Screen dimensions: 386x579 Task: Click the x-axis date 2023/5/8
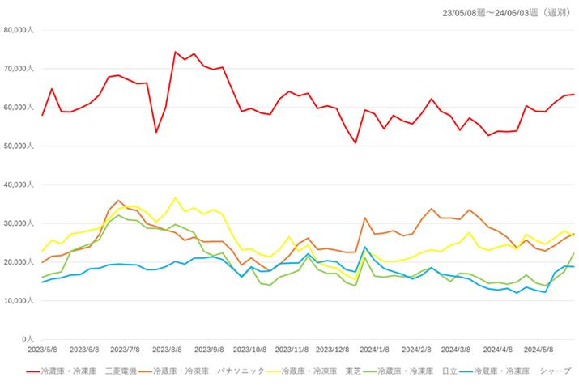click(42, 350)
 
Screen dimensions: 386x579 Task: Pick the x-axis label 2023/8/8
click(168, 350)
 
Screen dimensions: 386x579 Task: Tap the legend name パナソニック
click(241, 371)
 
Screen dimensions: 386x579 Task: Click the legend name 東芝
click(353, 371)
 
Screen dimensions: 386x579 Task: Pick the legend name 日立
click(450, 371)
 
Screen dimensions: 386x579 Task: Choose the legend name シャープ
click(558, 371)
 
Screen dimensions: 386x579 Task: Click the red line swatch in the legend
click(36, 371)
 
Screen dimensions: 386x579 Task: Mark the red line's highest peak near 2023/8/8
click(175, 52)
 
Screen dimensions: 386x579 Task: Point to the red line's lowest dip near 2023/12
click(355, 142)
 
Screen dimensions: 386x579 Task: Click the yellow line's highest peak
click(175, 197)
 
